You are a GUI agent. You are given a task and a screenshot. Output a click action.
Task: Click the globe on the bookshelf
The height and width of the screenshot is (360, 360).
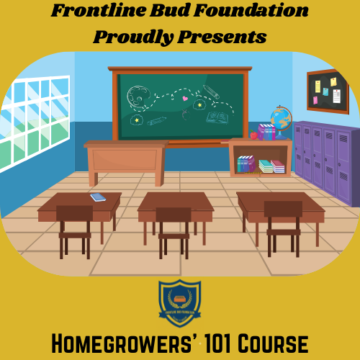[x=280, y=118]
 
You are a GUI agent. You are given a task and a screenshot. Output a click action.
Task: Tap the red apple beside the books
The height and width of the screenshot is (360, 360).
[x=253, y=135]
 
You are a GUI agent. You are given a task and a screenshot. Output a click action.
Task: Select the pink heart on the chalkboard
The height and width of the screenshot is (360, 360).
[x=185, y=98]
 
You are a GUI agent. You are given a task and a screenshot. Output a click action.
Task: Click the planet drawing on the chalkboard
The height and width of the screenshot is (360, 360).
[x=138, y=96]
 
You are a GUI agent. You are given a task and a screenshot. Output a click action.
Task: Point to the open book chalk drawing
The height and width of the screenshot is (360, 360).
[x=217, y=117]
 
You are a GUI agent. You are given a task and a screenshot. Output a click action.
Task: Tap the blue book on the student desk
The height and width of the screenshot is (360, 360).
[x=98, y=197]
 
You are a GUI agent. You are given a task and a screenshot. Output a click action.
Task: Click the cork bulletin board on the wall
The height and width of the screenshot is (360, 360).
[x=327, y=91]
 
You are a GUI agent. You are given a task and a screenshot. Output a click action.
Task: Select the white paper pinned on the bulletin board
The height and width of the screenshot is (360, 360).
[x=336, y=96]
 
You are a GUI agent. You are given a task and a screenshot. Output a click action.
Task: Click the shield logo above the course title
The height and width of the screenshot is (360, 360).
[x=179, y=303]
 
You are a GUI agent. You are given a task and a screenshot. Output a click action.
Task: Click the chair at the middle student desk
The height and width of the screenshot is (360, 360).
[x=174, y=227]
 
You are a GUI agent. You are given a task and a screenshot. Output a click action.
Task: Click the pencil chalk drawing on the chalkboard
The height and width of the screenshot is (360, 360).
[x=211, y=92]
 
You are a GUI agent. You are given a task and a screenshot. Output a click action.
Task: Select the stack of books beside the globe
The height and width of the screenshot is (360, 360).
[x=266, y=132]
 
